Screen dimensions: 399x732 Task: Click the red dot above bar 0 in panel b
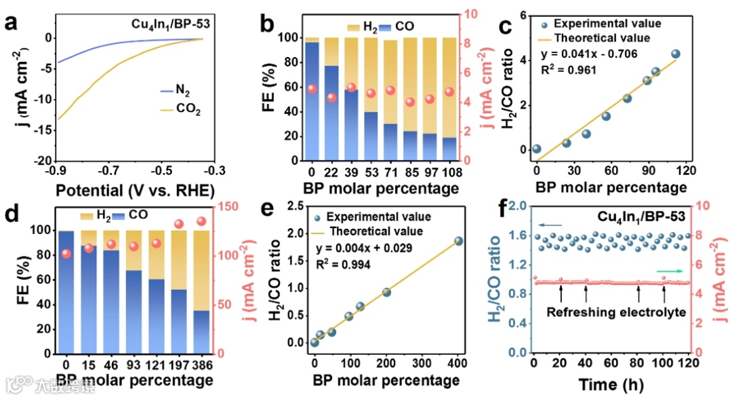pyautogui.click(x=312, y=89)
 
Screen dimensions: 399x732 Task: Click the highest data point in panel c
pyautogui.click(x=675, y=54)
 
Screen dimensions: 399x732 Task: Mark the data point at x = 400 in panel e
pyautogui.click(x=458, y=241)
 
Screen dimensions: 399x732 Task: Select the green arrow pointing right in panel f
pyautogui.click(x=670, y=271)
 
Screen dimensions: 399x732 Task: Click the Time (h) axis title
pyautogui.click(x=611, y=384)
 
